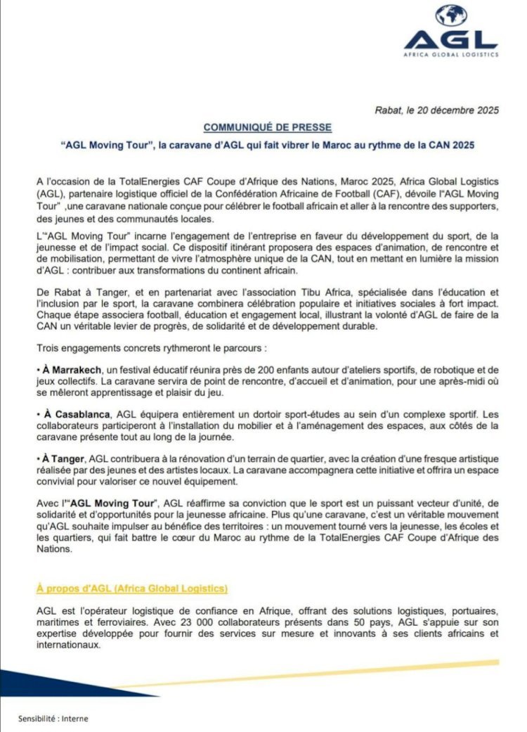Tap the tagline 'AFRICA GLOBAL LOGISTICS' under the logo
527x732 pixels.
(x=450, y=54)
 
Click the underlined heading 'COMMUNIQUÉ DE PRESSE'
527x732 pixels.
(x=268, y=127)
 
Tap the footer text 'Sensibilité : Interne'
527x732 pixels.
(x=53, y=719)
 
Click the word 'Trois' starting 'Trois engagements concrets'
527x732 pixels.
(x=46, y=348)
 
